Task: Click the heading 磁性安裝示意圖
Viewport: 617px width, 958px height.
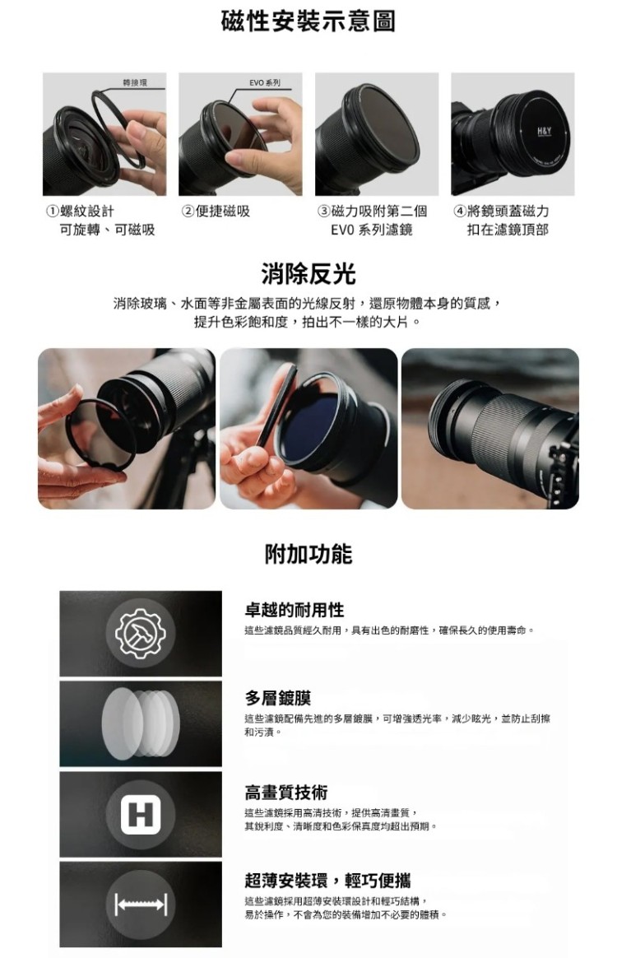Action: point(308,21)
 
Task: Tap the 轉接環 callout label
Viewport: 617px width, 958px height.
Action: point(134,82)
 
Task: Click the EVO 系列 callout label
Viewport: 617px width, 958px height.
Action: point(265,82)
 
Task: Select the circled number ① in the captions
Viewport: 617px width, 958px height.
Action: point(53,212)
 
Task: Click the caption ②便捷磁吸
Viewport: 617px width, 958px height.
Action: point(216,212)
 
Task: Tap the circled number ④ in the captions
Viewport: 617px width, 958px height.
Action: point(460,212)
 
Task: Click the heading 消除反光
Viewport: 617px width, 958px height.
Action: point(308,274)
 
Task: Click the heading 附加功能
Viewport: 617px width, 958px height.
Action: point(308,554)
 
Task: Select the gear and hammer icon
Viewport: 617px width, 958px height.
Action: point(141,633)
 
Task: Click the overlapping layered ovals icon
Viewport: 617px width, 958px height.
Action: point(141,723)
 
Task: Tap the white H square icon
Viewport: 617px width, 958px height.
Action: point(141,815)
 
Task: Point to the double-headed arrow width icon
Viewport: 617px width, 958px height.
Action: point(141,905)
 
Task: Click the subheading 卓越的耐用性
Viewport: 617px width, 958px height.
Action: point(295,610)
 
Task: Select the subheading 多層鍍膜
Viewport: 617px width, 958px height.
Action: point(278,698)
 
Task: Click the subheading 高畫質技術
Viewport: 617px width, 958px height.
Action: point(286,793)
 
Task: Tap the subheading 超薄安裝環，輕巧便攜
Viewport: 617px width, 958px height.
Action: point(327,881)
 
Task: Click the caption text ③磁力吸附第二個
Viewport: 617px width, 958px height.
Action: point(372,212)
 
